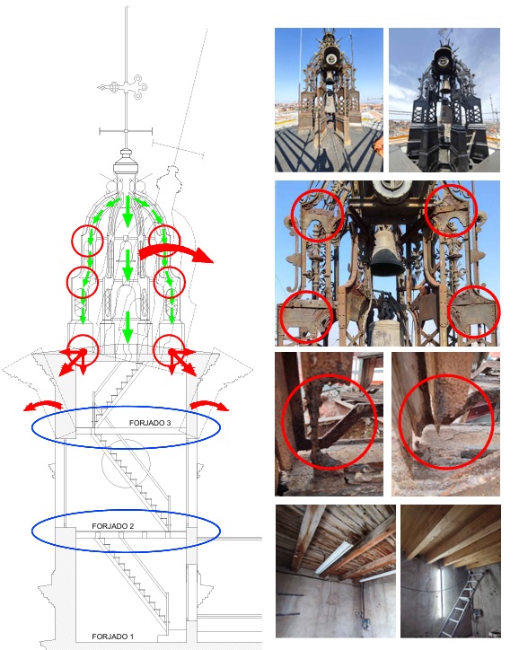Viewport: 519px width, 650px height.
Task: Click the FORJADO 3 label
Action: [x=150, y=423]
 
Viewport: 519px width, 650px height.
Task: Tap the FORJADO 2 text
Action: [x=113, y=526]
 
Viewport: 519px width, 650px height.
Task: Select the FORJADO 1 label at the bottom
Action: [x=113, y=637]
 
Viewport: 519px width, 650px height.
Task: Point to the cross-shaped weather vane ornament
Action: [x=124, y=87]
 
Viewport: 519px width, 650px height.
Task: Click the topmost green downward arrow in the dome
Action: [x=128, y=211]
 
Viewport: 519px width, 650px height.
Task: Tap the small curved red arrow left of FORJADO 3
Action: [x=43, y=405]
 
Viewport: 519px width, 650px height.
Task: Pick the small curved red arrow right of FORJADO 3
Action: [x=209, y=405]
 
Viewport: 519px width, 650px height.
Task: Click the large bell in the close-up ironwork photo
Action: [x=386, y=252]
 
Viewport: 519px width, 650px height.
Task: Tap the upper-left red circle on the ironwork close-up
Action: [x=317, y=216]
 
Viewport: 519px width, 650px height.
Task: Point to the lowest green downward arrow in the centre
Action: [x=128, y=327]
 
